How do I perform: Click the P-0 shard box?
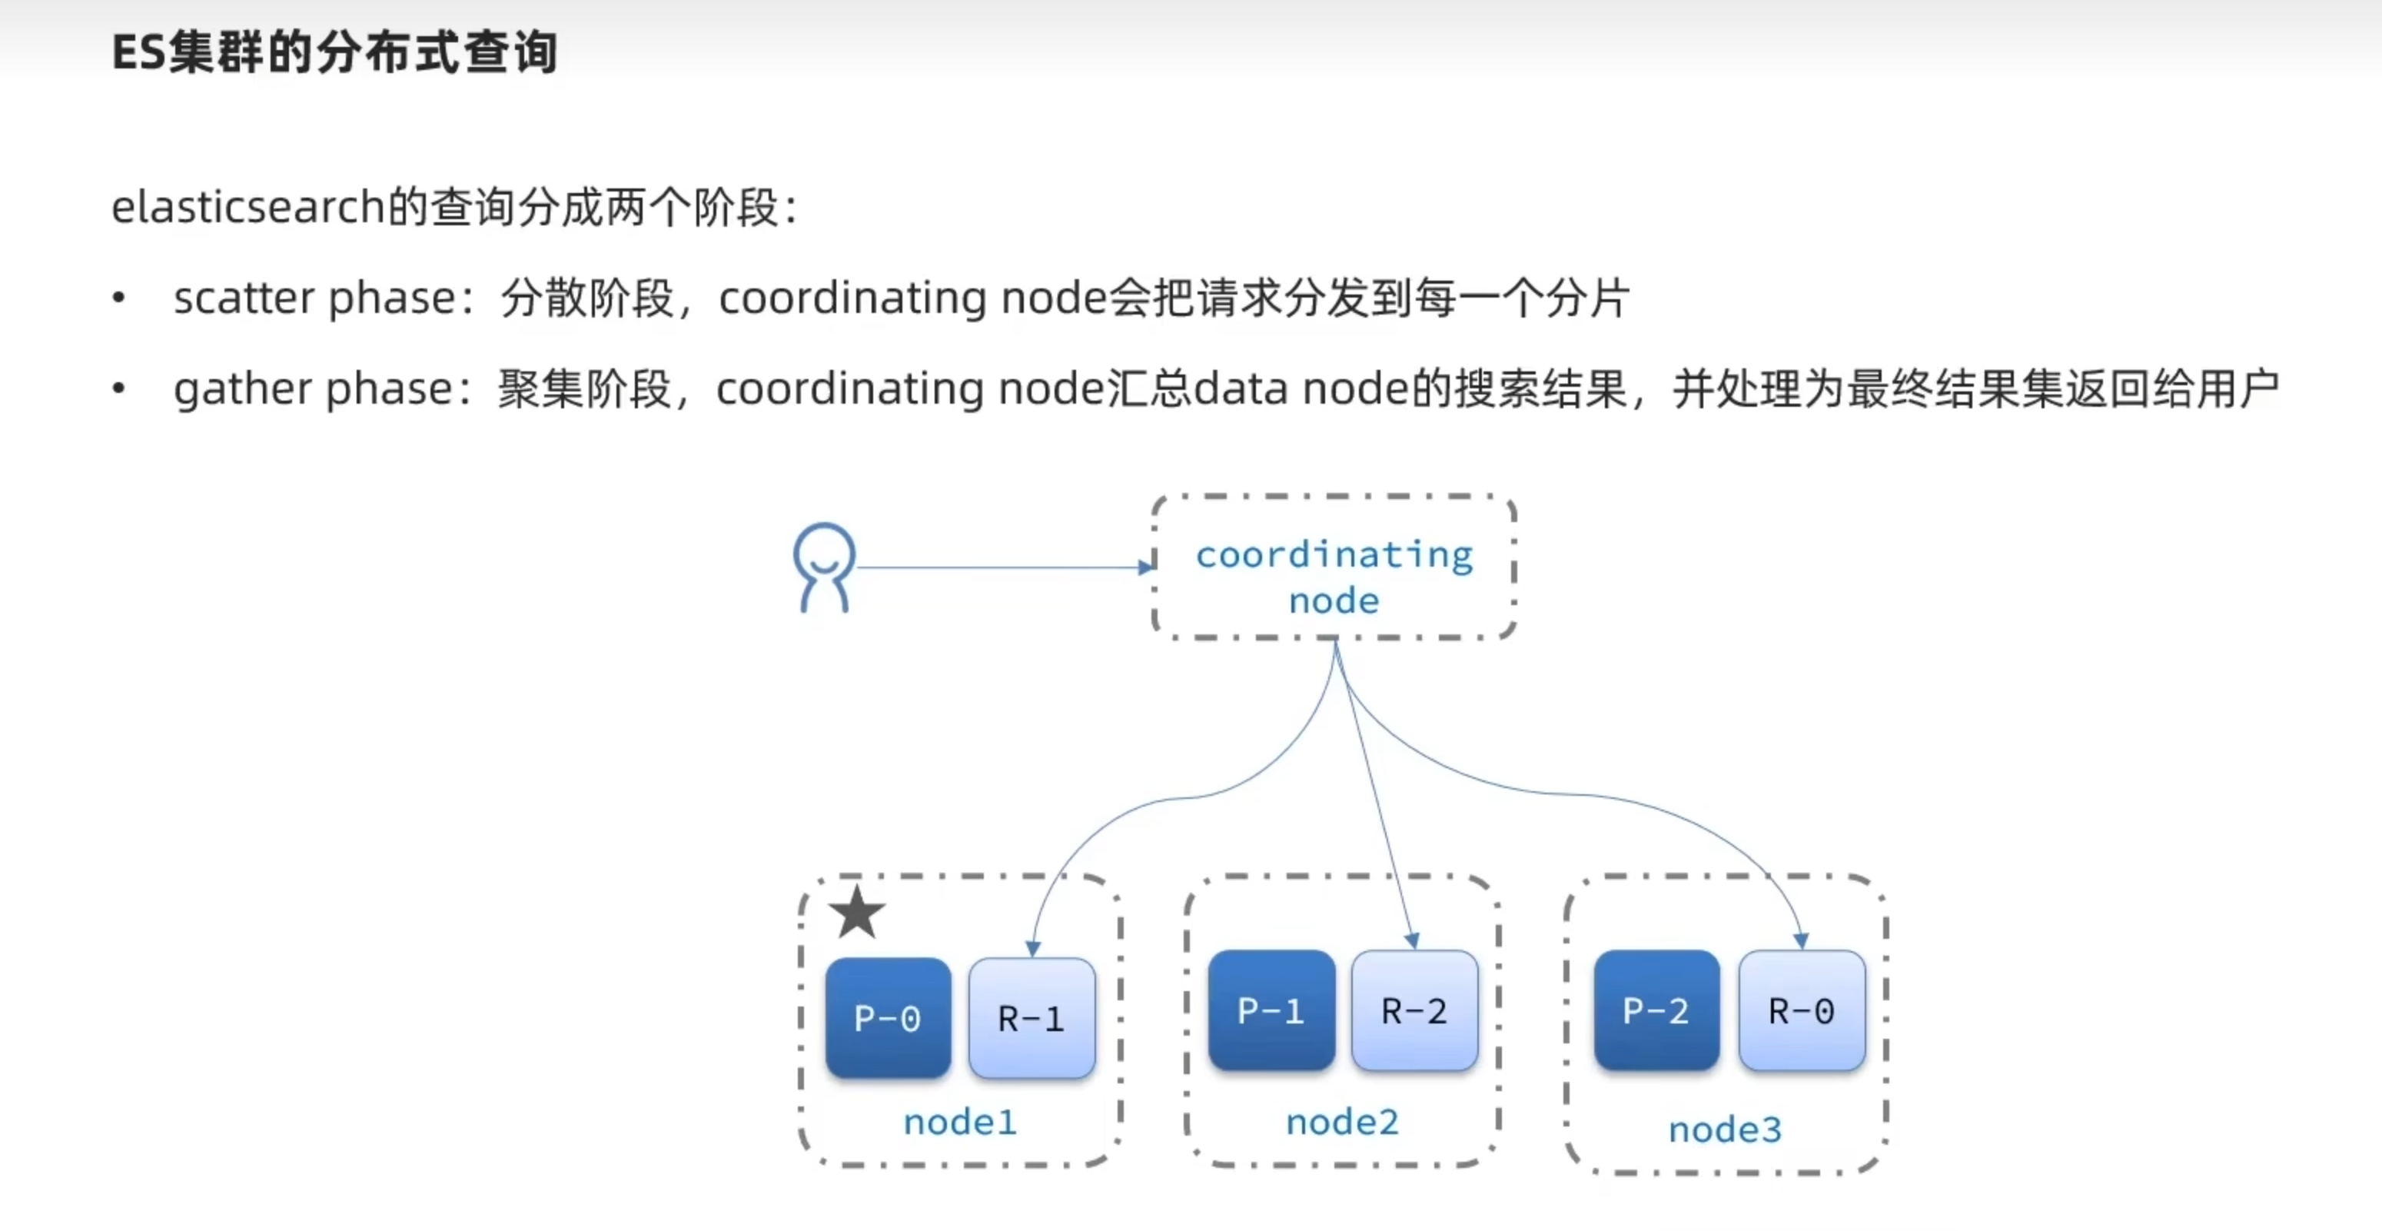point(888,1017)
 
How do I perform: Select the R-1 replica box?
point(1031,1017)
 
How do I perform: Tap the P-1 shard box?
point(1271,1010)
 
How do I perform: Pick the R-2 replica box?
point(1414,1010)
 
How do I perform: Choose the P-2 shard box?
point(1656,1010)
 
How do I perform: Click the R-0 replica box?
point(1800,1010)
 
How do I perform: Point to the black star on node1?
point(856,912)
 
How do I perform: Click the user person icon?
point(823,567)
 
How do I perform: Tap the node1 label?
point(960,1122)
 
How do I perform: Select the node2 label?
point(1342,1122)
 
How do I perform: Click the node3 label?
point(1725,1130)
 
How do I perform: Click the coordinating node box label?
point(1334,576)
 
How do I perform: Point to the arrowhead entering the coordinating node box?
point(1147,567)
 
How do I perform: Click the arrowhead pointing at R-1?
point(1033,948)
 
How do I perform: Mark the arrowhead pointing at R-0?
point(1800,940)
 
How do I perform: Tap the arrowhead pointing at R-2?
point(1412,940)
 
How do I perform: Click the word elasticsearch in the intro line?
point(248,206)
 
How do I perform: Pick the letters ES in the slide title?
point(138,53)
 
